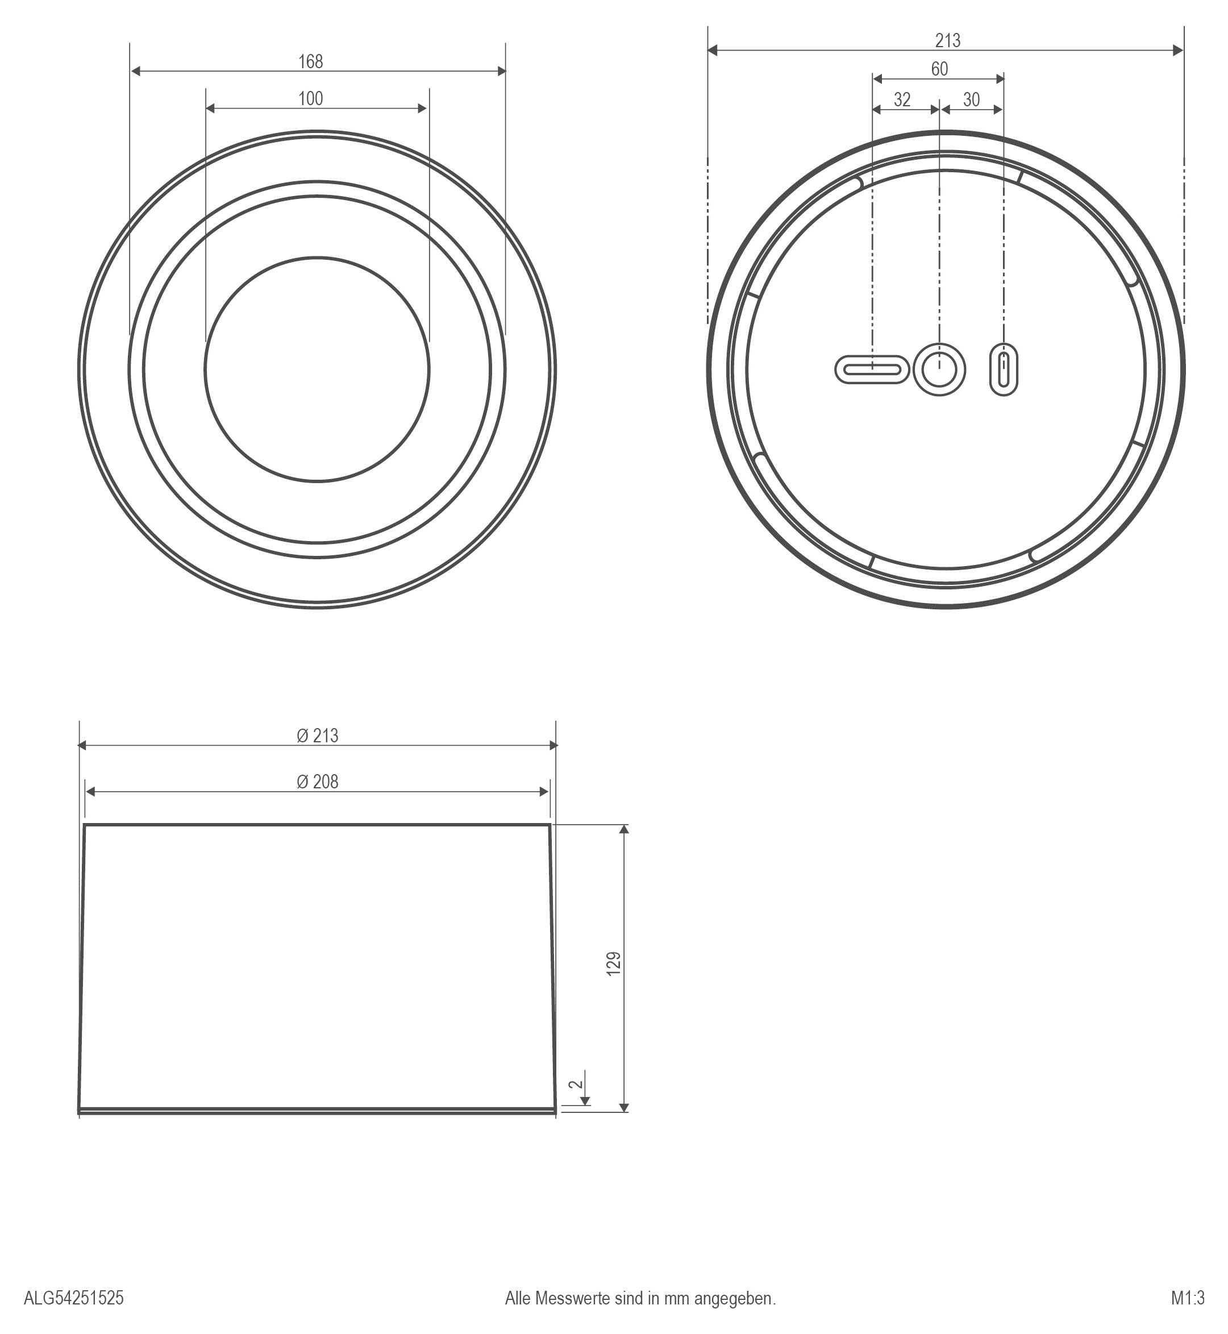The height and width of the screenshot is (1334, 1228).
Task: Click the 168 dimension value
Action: point(310,62)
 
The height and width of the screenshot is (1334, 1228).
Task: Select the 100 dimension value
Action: point(310,99)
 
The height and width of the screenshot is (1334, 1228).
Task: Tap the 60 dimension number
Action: point(939,69)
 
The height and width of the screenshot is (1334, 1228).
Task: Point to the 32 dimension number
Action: point(902,99)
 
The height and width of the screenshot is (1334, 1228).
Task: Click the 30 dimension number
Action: point(971,99)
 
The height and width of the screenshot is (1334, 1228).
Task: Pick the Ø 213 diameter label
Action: point(317,736)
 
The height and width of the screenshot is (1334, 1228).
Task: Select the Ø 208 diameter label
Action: point(317,782)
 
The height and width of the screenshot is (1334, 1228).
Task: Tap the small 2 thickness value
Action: point(577,1083)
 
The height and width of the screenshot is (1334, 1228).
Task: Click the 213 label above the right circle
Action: point(947,41)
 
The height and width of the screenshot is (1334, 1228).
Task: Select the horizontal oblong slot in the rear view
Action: point(871,369)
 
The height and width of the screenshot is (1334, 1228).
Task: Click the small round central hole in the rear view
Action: point(939,369)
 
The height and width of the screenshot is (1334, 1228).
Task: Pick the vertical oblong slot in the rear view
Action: point(1004,369)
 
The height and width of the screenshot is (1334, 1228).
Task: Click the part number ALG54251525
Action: point(74,1298)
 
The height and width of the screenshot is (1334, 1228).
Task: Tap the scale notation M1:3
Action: point(1188,1298)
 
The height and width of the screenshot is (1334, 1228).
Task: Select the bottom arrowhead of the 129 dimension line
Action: point(623,1107)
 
